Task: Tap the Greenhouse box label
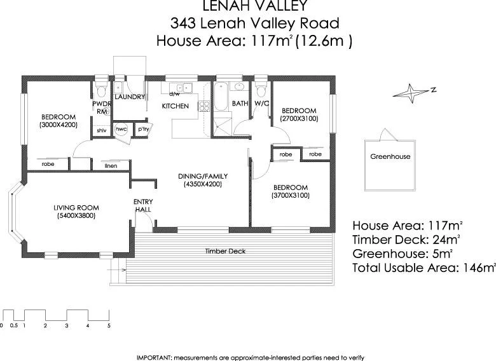390,156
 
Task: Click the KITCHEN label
175,106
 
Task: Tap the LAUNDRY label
130,97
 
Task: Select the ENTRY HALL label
142,206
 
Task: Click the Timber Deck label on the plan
225,251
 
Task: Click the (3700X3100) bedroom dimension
290,196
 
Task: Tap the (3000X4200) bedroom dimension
59,125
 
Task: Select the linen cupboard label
111,166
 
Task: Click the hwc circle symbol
121,129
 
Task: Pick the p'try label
143,129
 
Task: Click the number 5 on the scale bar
109,325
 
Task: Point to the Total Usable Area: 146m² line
424,268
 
